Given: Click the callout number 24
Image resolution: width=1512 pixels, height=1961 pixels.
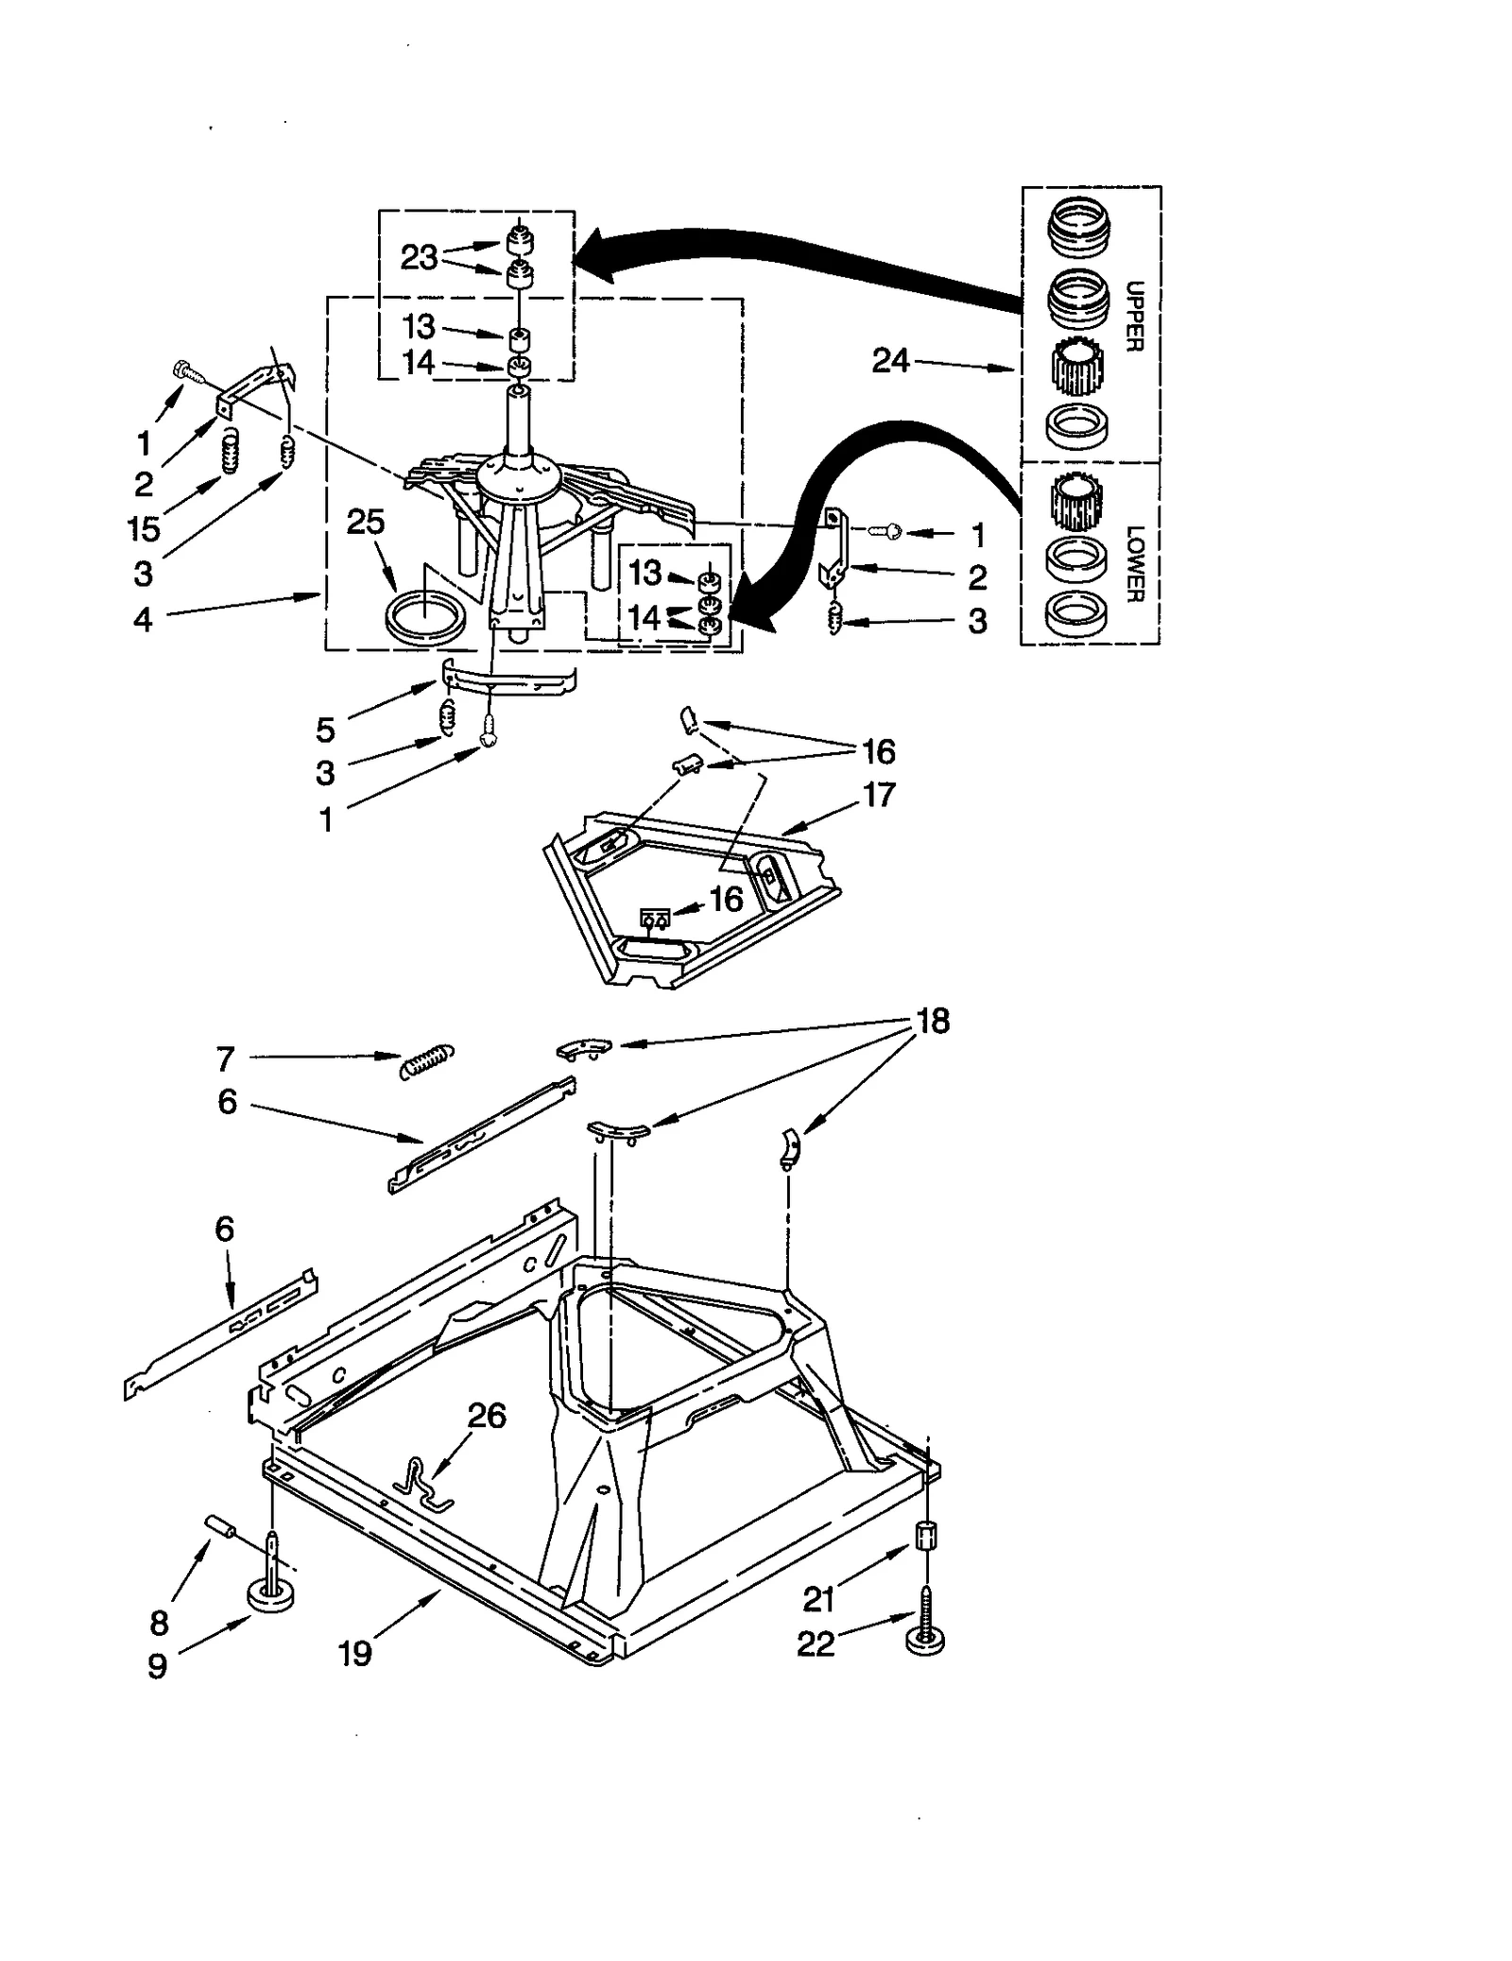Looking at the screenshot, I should pos(889,360).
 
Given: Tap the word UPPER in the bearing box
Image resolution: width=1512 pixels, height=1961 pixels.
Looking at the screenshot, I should pos(1135,317).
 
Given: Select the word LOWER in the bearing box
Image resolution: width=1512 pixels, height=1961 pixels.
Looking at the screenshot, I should pos(1135,563).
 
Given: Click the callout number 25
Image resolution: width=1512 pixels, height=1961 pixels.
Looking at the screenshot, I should pos(366,522).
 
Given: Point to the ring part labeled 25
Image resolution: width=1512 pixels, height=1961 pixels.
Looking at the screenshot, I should pos(425,618).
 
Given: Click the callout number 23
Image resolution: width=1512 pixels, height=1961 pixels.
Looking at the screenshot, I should pos(419,257).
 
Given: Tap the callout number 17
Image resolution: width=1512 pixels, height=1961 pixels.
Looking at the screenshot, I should pos(879,795).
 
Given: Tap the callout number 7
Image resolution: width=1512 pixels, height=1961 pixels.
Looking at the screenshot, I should pos(225,1059).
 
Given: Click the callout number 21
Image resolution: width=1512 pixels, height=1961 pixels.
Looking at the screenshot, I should pos(818,1599).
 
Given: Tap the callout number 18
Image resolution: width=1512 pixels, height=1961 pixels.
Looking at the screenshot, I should pos(933,1022).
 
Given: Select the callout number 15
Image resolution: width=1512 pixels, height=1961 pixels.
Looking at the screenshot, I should pos(144,529).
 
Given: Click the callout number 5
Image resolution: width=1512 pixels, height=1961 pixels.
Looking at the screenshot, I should pos(325,730).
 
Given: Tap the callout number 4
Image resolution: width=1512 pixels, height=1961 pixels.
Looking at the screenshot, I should pos(143,620).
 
